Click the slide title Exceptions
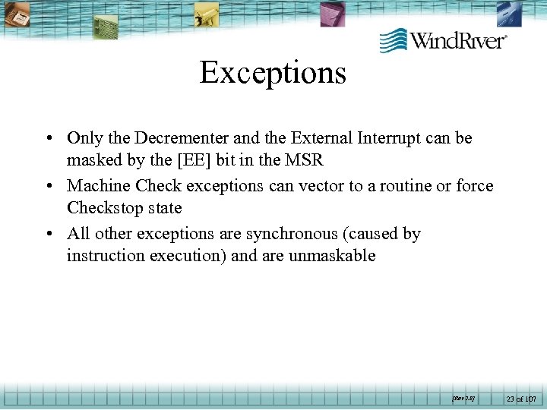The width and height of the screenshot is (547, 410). click(x=273, y=73)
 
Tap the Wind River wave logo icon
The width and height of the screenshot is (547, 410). click(x=393, y=39)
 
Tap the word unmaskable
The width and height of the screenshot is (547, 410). click(x=332, y=256)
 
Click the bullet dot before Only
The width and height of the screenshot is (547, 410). click(x=48, y=139)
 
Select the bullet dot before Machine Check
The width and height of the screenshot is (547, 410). click(x=48, y=187)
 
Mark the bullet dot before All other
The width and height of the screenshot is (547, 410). click(x=48, y=235)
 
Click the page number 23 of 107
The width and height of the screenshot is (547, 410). click(x=522, y=399)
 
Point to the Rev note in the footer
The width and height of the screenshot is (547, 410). click(x=463, y=398)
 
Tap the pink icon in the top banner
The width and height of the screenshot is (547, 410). click(x=332, y=13)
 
